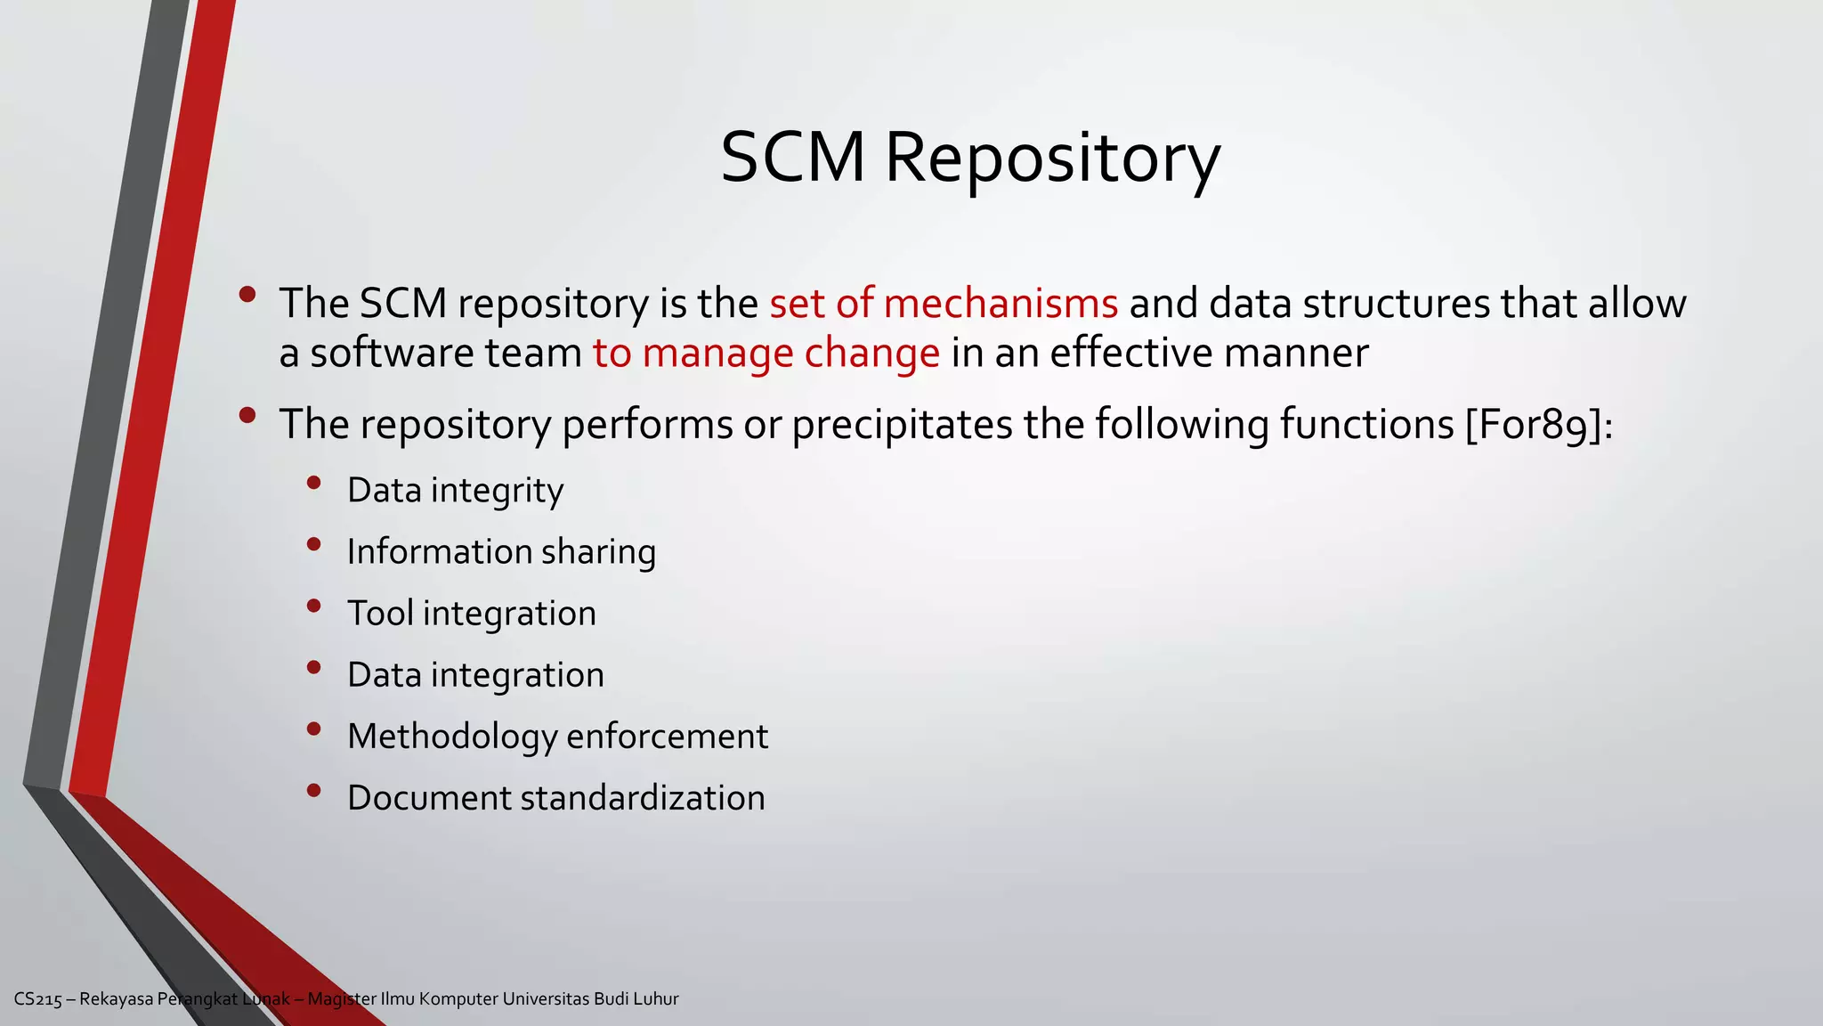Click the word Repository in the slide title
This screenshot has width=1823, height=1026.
click(1052, 159)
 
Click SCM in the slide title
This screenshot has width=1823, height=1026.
click(792, 159)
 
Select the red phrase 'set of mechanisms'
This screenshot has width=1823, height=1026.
click(944, 304)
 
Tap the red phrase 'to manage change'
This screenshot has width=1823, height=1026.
click(766, 354)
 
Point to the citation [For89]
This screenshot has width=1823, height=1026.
click(1535, 425)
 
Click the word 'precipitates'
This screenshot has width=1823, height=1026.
click(902, 425)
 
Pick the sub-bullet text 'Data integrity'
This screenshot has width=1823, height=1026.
click(455, 491)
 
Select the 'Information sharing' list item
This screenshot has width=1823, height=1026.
click(501, 552)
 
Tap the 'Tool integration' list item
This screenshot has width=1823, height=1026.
click(472, 614)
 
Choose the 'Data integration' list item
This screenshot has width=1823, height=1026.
click(475, 675)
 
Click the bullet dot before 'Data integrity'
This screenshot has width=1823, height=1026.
click(313, 484)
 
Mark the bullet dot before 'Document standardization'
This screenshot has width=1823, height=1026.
click(313, 791)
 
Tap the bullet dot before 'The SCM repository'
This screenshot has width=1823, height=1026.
click(247, 294)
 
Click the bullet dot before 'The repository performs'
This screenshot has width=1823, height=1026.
click(247, 415)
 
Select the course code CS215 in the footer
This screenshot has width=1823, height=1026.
click(38, 999)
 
